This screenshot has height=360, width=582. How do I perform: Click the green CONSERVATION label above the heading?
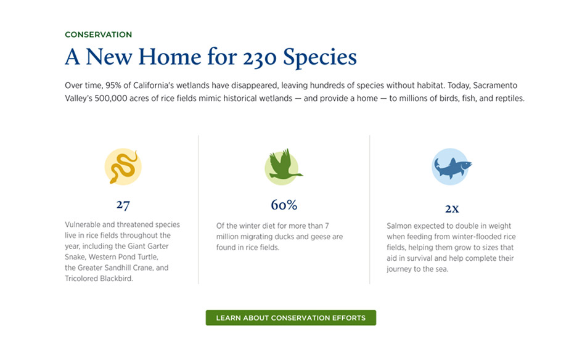coord(99,35)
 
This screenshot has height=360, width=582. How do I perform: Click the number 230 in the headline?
coord(260,57)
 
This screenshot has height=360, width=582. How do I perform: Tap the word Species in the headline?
coord(319,57)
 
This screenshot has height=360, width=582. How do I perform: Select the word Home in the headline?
coord(170,57)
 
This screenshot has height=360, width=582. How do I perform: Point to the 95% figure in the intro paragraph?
coord(113,85)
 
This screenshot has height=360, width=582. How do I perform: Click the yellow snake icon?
coord(123,167)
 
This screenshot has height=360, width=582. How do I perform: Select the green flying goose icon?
coord(283,167)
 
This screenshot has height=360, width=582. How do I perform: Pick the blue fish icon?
coord(451,167)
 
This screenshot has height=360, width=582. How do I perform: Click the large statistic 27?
coord(123,205)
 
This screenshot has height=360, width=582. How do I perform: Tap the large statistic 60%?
coord(284,205)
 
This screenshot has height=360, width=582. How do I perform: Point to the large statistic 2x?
coord(452,208)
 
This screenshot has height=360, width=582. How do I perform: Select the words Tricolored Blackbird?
coord(99,279)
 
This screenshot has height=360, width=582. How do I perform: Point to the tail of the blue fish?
coord(437,163)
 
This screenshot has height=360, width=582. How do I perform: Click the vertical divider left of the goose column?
coord(199,210)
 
